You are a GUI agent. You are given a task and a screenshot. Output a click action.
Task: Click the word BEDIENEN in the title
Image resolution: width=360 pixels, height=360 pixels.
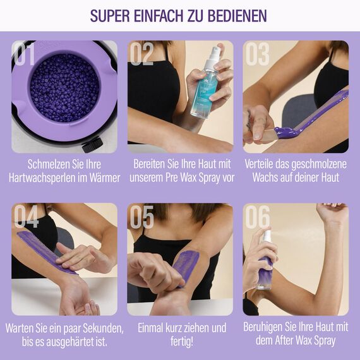point(235,16)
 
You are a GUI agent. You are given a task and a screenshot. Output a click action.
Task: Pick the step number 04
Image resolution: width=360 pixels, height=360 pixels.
point(26,217)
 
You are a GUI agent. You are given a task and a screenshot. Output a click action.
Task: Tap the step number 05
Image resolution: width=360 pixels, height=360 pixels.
point(141,217)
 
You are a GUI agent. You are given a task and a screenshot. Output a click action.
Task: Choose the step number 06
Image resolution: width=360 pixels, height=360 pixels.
point(258,217)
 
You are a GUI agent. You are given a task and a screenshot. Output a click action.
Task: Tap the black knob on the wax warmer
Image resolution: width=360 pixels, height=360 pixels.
point(92,145)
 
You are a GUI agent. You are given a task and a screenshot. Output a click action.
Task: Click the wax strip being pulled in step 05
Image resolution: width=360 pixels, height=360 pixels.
point(186,265)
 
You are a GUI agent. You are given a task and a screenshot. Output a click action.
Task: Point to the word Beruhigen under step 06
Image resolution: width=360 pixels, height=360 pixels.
point(267,327)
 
